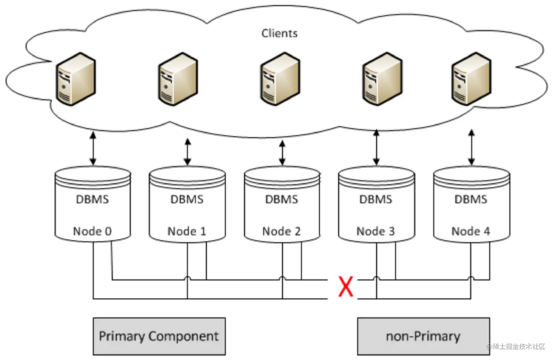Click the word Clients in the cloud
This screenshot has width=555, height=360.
279,33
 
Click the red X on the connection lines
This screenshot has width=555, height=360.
345,287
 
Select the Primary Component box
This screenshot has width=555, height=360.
159,336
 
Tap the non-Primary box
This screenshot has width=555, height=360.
423,336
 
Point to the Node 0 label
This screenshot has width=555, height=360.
92,231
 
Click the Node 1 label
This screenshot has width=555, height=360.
187,231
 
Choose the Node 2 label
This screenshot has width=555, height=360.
282,231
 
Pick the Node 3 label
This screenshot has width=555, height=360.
376,231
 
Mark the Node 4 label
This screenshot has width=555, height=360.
471,231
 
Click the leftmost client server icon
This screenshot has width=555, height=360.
76,79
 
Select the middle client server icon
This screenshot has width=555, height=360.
280,79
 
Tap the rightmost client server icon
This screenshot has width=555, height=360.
471,79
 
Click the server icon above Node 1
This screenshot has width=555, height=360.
178,79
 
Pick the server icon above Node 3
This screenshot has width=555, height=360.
382,79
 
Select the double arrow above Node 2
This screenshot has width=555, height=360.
282,153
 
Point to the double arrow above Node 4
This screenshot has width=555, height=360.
471,147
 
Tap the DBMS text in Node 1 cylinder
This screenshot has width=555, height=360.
187,199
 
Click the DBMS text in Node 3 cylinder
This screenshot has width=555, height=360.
376,199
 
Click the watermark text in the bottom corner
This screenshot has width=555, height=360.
516,346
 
